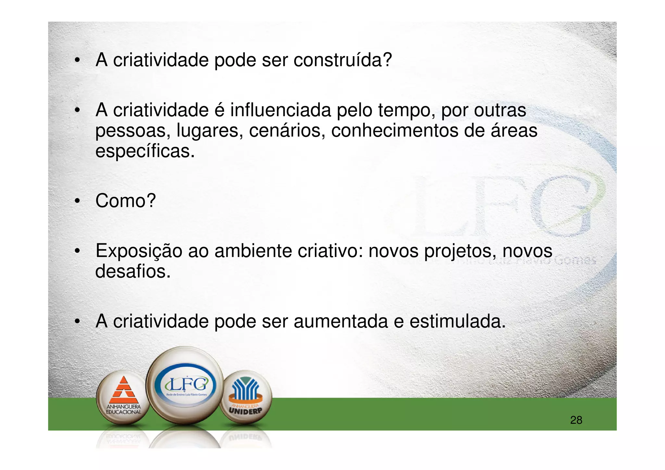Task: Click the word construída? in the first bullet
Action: pyautogui.click(x=343, y=60)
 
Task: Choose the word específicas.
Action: pyautogui.click(x=145, y=151)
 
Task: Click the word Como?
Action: pyautogui.click(x=126, y=201)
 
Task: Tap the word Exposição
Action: pyautogui.click(x=139, y=251)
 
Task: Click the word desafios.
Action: pyautogui.click(x=133, y=271)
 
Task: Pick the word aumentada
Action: pyautogui.click(x=341, y=322)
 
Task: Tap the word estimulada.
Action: pyautogui.click(x=458, y=322)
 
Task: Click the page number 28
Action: pyautogui.click(x=576, y=420)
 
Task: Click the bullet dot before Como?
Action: pyautogui.click(x=77, y=201)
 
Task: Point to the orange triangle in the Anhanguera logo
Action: pyautogui.click(x=123, y=390)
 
